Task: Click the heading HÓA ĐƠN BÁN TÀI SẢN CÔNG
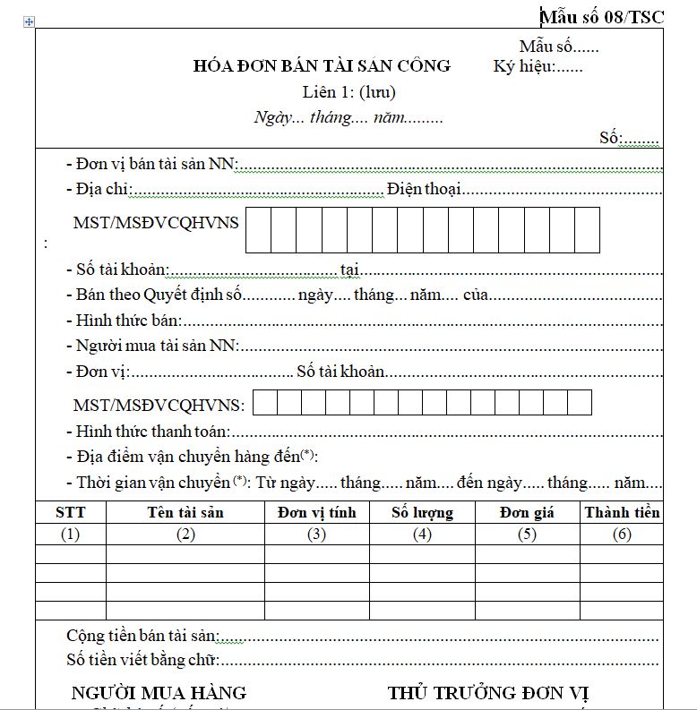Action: pyautogui.click(x=322, y=66)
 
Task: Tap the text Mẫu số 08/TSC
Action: pyautogui.click(x=602, y=16)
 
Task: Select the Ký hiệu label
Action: pyautogui.click(x=524, y=66)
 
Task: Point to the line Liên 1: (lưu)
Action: pyautogui.click(x=348, y=91)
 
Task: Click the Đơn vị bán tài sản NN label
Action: pyautogui.click(x=155, y=164)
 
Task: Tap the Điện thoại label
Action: pyautogui.click(x=424, y=189)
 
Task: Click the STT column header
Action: pyautogui.click(x=70, y=512)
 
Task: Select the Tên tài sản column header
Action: pyautogui.click(x=185, y=512)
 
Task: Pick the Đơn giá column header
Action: pyautogui.click(x=527, y=512)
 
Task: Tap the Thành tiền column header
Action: pyautogui.click(x=622, y=512)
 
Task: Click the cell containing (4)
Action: pyautogui.click(x=422, y=535)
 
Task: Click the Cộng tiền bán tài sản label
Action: pyautogui.click(x=142, y=636)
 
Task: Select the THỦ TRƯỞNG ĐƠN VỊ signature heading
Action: pyautogui.click(x=488, y=693)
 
